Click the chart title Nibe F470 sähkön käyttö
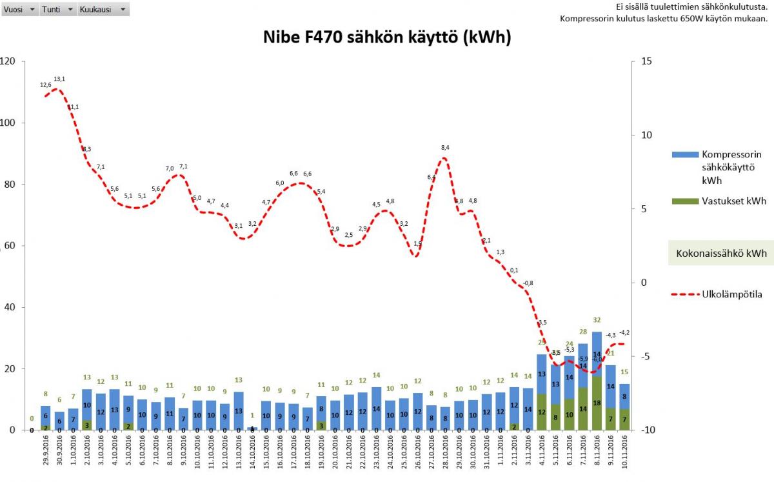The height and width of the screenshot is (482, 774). [x=387, y=38]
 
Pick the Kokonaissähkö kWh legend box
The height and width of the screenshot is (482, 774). [x=720, y=254]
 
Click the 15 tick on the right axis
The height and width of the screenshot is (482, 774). [x=645, y=61]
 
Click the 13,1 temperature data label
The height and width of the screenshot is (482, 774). [x=59, y=79]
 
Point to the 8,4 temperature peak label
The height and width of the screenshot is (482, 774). [x=445, y=148]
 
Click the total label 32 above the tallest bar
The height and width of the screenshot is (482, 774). [x=597, y=320]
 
